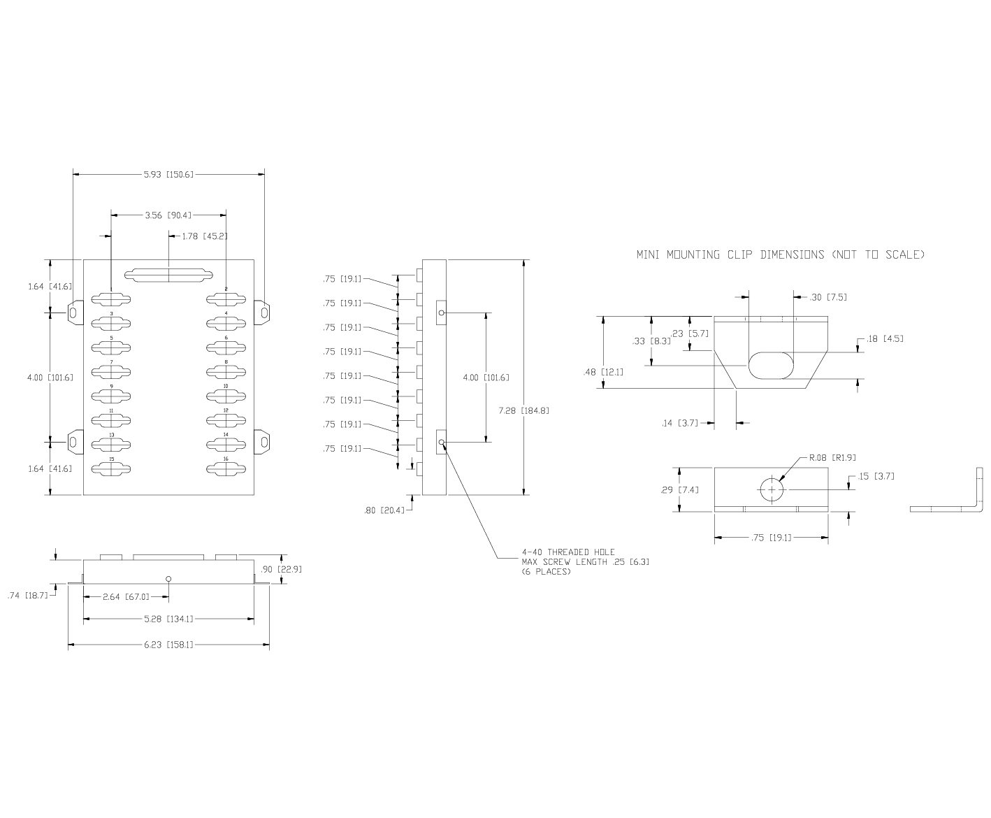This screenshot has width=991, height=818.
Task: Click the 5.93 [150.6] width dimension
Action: (x=168, y=174)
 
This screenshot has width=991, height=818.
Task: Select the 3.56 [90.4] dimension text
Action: (x=168, y=215)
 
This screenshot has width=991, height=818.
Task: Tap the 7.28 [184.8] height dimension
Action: (x=523, y=410)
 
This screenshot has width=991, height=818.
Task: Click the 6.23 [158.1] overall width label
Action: (x=168, y=645)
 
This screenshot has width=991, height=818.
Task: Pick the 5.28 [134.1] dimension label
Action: (x=168, y=618)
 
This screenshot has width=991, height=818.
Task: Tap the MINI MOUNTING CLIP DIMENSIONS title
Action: (x=780, y=254)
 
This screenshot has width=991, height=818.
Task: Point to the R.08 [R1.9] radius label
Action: (x=832, y=458)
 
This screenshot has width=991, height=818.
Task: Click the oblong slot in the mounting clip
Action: (x=772, y=366)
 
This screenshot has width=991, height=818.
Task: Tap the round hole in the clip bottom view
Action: (x=772, y=489)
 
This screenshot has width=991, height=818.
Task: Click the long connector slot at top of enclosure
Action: (x=168, y=275)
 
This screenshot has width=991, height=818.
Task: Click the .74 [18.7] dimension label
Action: (x=27, y=596)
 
